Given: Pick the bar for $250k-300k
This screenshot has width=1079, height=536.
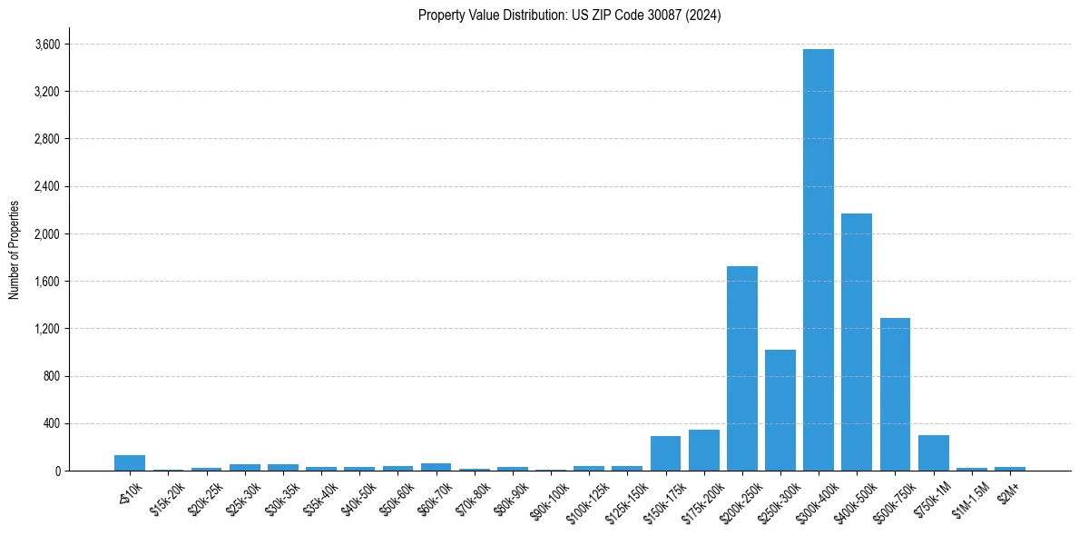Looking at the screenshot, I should tap(780, 410).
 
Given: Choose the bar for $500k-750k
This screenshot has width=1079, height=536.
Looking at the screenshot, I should tap(895, 394).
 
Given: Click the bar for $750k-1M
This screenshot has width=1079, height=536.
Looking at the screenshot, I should tap(933, 452).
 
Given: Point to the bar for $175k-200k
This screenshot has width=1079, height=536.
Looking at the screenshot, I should tap(703, 450).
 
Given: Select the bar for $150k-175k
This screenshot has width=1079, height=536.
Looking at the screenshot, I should tap(665, 453).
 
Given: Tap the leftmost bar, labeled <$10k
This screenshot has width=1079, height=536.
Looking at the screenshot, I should tap(130, 462).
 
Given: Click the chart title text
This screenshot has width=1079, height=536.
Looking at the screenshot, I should tap(570, 15).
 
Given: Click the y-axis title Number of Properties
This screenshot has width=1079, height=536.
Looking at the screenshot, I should tap(15, 249).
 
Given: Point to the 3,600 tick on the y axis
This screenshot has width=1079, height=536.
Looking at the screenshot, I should tap(47, 45).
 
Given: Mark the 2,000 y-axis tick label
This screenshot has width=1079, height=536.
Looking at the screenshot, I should tap(47, 234).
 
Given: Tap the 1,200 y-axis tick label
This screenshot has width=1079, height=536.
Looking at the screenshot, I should tap(47, 329).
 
